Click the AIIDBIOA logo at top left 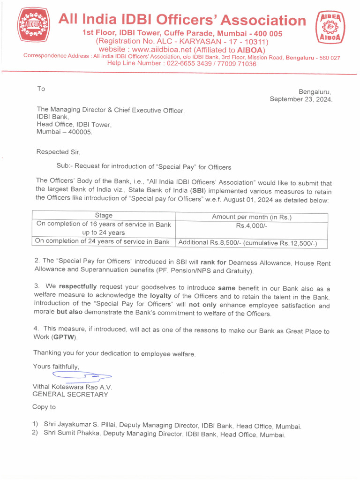33,26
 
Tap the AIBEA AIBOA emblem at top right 331,27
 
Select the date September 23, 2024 300,99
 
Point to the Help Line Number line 182,63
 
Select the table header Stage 104,216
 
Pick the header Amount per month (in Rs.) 252,217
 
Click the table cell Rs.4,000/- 252,225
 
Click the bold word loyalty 161,296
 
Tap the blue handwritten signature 82,375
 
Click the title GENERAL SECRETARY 70,394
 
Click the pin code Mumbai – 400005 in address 65,132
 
